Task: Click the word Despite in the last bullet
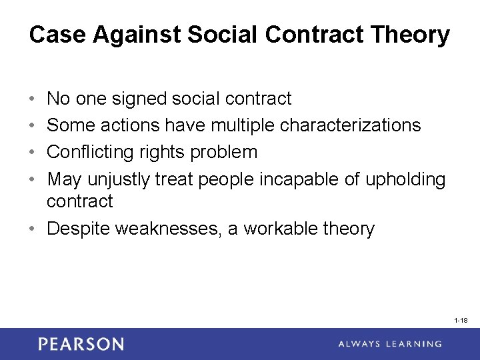[x=79, y=229]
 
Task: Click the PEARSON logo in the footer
[x=81, y=344]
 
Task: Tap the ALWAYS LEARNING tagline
[x=389, y=344]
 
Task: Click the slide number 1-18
[x=460, y=321]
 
